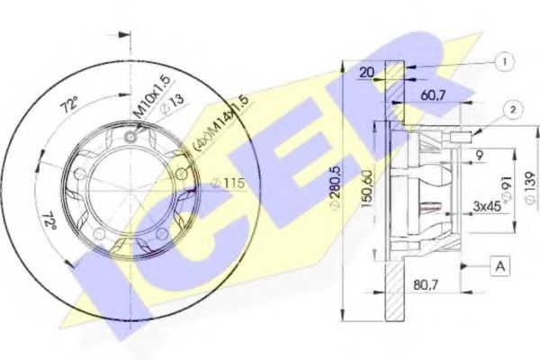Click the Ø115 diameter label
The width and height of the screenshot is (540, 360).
[x=229, y=184]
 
